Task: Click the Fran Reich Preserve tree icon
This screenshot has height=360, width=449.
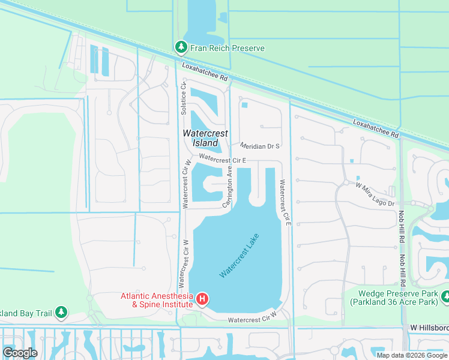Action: coord(180,47)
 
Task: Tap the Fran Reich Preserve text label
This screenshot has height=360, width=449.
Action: coord(227,47)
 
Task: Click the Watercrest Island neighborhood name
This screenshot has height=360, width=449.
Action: coord(200,138)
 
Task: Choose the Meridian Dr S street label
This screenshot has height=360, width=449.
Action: coord(260,146)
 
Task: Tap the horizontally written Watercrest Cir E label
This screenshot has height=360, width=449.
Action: coord(223,160)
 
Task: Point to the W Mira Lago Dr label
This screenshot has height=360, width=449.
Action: coord(375,195)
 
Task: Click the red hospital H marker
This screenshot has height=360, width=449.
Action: coord(203,299)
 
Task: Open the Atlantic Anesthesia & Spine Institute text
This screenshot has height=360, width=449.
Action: coord(157,300)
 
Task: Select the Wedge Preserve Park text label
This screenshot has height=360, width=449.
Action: coord(395,298)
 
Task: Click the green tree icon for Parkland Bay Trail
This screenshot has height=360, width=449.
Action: coord(61,311)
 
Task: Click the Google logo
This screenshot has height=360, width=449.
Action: coord(20,352)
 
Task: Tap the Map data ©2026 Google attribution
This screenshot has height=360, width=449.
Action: coord(412,355)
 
